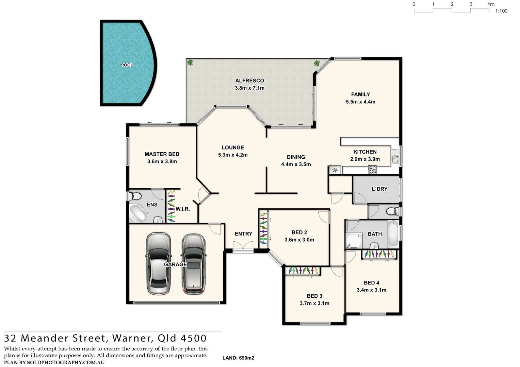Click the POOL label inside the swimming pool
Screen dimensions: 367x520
(x=127, y=65)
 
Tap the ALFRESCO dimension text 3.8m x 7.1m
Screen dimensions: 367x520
(x=249, y=88)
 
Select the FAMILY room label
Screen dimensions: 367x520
(x=360, y=94)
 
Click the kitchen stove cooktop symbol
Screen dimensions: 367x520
(x=373, y=170)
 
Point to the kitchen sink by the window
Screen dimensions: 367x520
(x=395, y=159)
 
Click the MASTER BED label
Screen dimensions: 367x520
(x=162, y=154)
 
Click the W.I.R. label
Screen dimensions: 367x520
(x=183, y=209)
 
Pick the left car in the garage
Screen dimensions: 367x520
(x=158, y=264)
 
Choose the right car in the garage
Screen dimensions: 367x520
(x=193, y=264)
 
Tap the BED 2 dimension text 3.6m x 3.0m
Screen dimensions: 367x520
(x=299, y=240)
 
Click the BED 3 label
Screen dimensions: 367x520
(x=314, y=296)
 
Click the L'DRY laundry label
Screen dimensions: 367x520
(x=379, y=189)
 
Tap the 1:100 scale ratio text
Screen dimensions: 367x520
(x=501, y=11)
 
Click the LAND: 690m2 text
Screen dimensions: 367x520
(x=238, y=358)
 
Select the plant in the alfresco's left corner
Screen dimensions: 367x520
(x=190, y=63)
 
